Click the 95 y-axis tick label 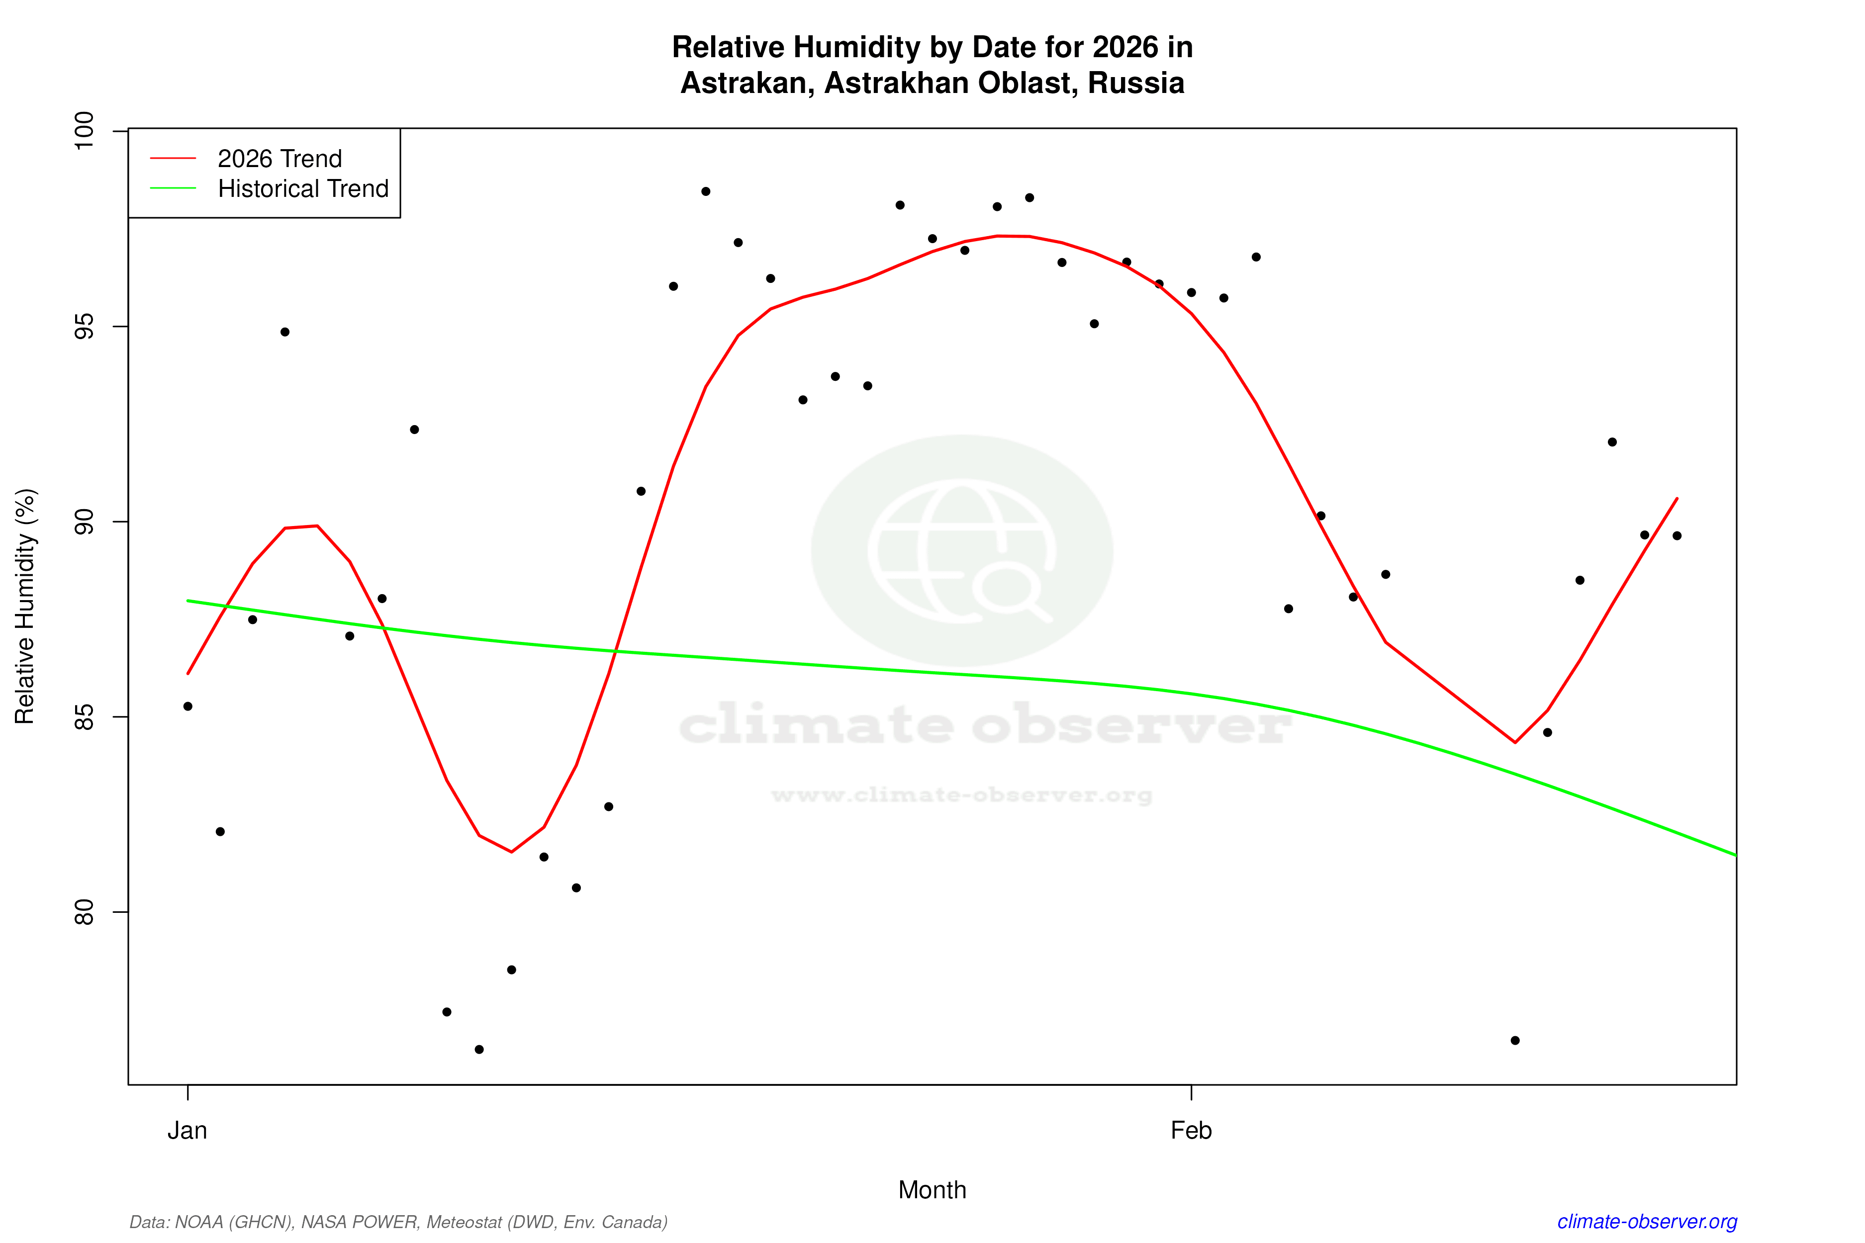83,327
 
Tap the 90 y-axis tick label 83,522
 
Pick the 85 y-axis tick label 83,716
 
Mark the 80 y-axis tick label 83,912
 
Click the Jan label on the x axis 187,1131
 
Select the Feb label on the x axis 1191,1131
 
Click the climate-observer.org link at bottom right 1647,1222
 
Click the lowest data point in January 479,1050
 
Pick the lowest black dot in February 1515,1040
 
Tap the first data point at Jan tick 188,707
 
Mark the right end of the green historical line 1735,855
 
